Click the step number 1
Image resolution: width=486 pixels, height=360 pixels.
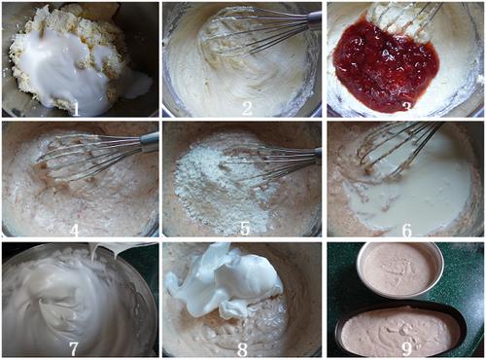click(x=75, y=109)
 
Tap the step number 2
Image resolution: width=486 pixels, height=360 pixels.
click(x=246, y=109)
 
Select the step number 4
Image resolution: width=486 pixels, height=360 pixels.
click(x=74, y=230)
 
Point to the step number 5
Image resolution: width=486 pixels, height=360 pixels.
click(x=245, y=229)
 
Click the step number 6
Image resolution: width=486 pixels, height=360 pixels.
click(x=407, y=230)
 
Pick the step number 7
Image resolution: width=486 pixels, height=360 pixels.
click(x=73, y=348)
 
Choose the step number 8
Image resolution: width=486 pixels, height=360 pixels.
click(x=242, y=349)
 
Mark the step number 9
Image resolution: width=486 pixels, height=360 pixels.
click(x=406, y=349)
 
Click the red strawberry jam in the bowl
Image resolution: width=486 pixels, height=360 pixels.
click(x=386, y=65)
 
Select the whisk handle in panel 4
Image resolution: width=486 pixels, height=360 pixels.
click(x=150, y=139)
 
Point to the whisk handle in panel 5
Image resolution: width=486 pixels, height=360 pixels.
click(x=318, y=154)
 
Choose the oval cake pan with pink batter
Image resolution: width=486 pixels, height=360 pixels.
click(x=400, y=331)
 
